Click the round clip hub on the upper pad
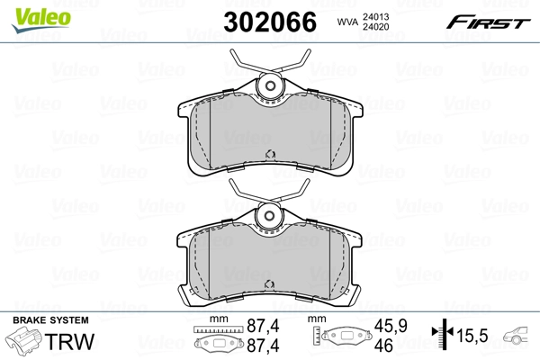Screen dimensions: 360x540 point(269,86)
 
